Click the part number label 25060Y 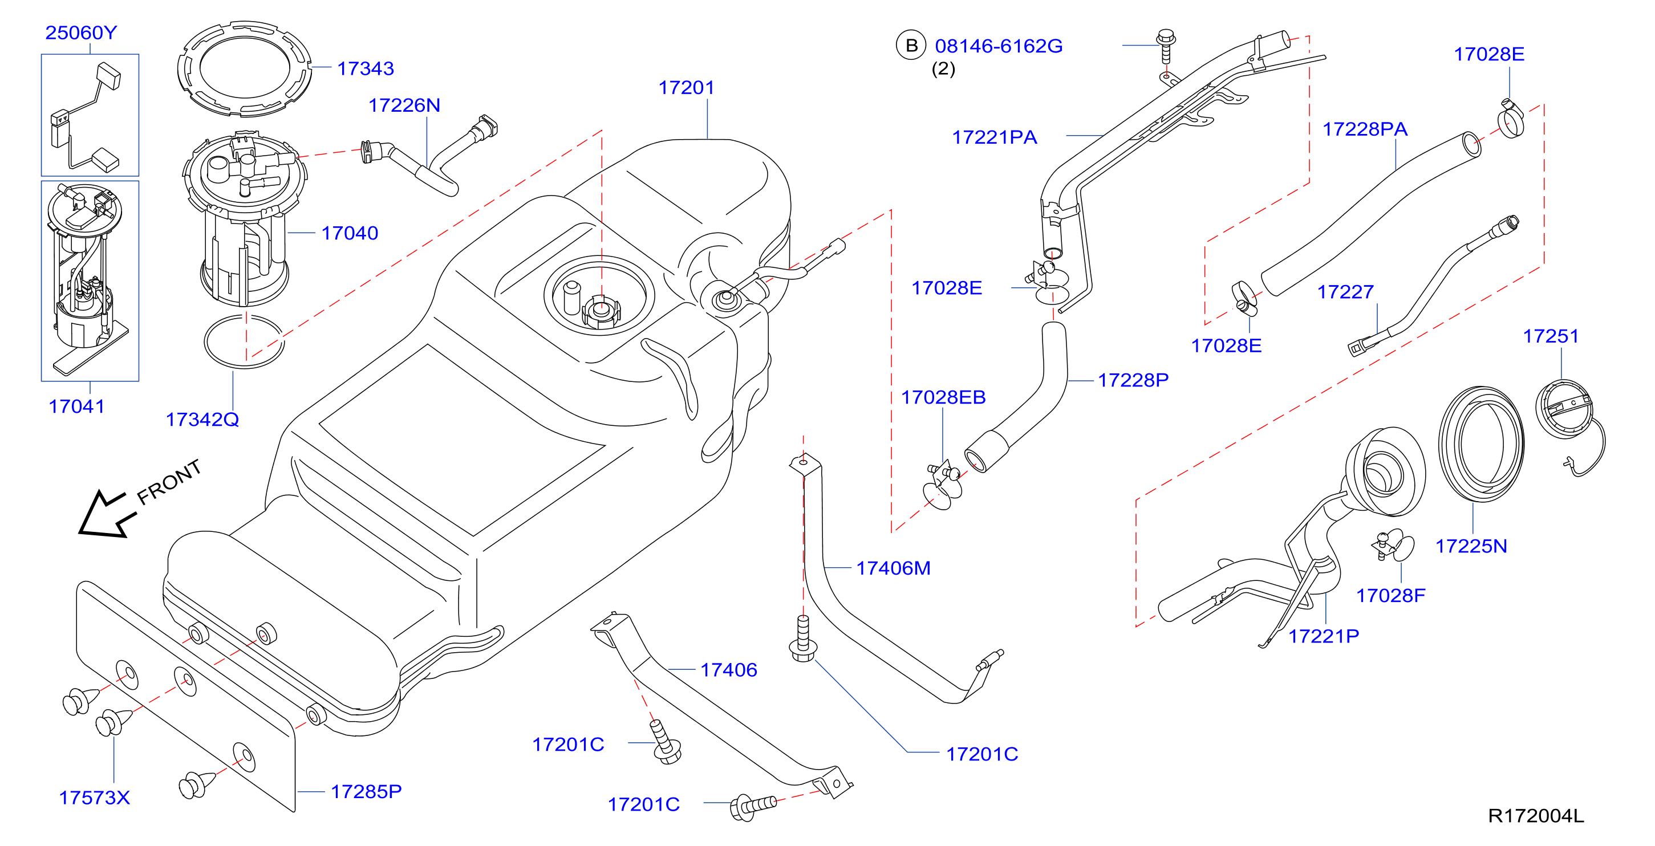(x=81, y=32)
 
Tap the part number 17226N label (x=404, y=105)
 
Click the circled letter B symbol (x=911, y=46)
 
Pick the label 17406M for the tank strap (x=893, y=568)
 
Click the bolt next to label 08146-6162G (x=1166, y=46)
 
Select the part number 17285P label (x=366, y=791)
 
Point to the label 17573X (x=95, y=797)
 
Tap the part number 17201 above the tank (x=686, y=87)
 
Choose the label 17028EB (x=943, y=397)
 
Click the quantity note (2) (x=943, y=69)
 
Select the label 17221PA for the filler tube (x=995, y=137)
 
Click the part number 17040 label (x=350, y=233)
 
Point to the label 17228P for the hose (x=1133, y=380)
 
